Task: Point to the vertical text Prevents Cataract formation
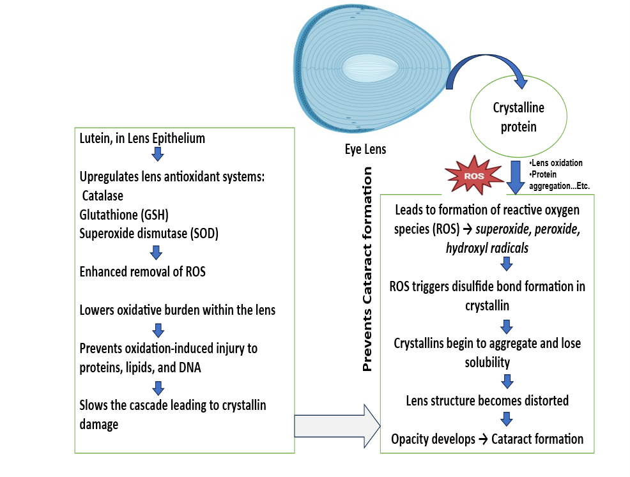coord(367,269)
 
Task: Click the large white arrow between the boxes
coord(337,425)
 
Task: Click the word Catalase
coord(103,197)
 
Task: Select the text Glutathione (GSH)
coord(125,215)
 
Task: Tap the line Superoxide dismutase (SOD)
coord(149,234)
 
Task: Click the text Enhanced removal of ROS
coord(142,271)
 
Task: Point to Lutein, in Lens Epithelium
coord(142,138)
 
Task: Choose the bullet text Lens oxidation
coord(557,163)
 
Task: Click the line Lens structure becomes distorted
coord(488,401)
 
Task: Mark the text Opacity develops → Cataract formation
coord(488,439)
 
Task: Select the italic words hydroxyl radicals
coord(488,248)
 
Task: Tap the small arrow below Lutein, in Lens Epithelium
coord(158,155)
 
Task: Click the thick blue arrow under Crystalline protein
coord(516,178)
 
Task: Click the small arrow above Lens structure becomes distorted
coord(507,382)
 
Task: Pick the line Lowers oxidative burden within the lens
coord(178,310)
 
